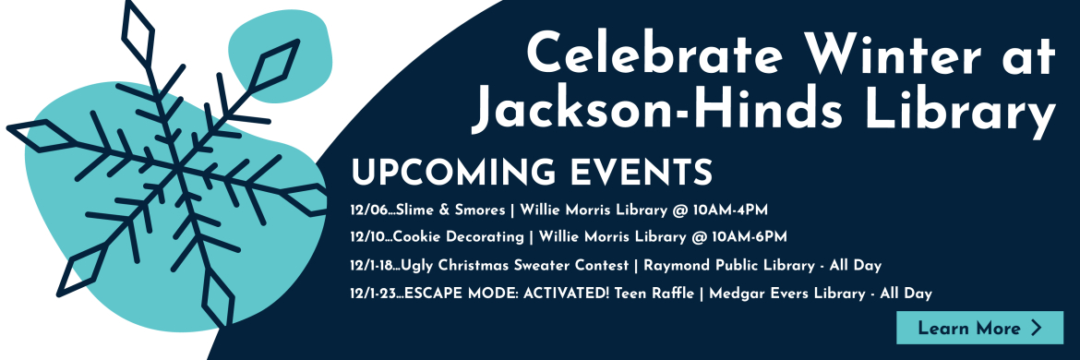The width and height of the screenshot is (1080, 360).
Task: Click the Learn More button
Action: pos(979,328)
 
